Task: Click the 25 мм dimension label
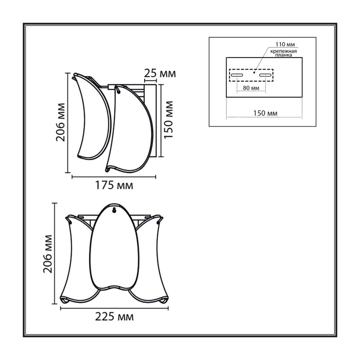[x=160, y=73]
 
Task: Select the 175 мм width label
[x=114, y=185]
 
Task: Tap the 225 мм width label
[x=114, y=317]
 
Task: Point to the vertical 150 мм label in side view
[x=168, y=119]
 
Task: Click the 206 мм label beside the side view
[x=61, y=122]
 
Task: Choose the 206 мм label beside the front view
[x=48, y=254]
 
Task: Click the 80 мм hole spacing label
[x=251, y=88]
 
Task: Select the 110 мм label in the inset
[x=285, y=44]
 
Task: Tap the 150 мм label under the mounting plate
[x=265, y=113]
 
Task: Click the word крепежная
[x=283, y=51]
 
